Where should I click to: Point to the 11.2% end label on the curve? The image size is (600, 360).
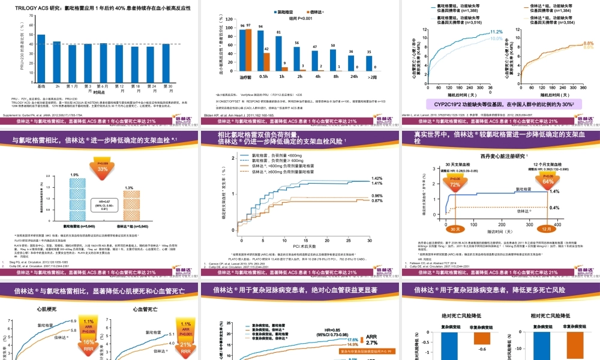pyautogui.click(x=496, y=32)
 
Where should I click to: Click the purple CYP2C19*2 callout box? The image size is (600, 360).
pyautogui.click(x=500, y=104)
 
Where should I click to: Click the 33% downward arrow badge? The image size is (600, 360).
pyautogui.click(x=103, y=167)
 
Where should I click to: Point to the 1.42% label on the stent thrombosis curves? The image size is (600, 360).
pyautogui.click(x=377, y=179)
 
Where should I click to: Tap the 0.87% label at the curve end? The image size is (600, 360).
pyautogui.click(x=377, y=201)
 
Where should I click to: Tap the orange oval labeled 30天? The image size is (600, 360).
pyautogui.click(x=454, y=229)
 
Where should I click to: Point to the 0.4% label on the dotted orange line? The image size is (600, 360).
pyautogui.click(x=554, y=208)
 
